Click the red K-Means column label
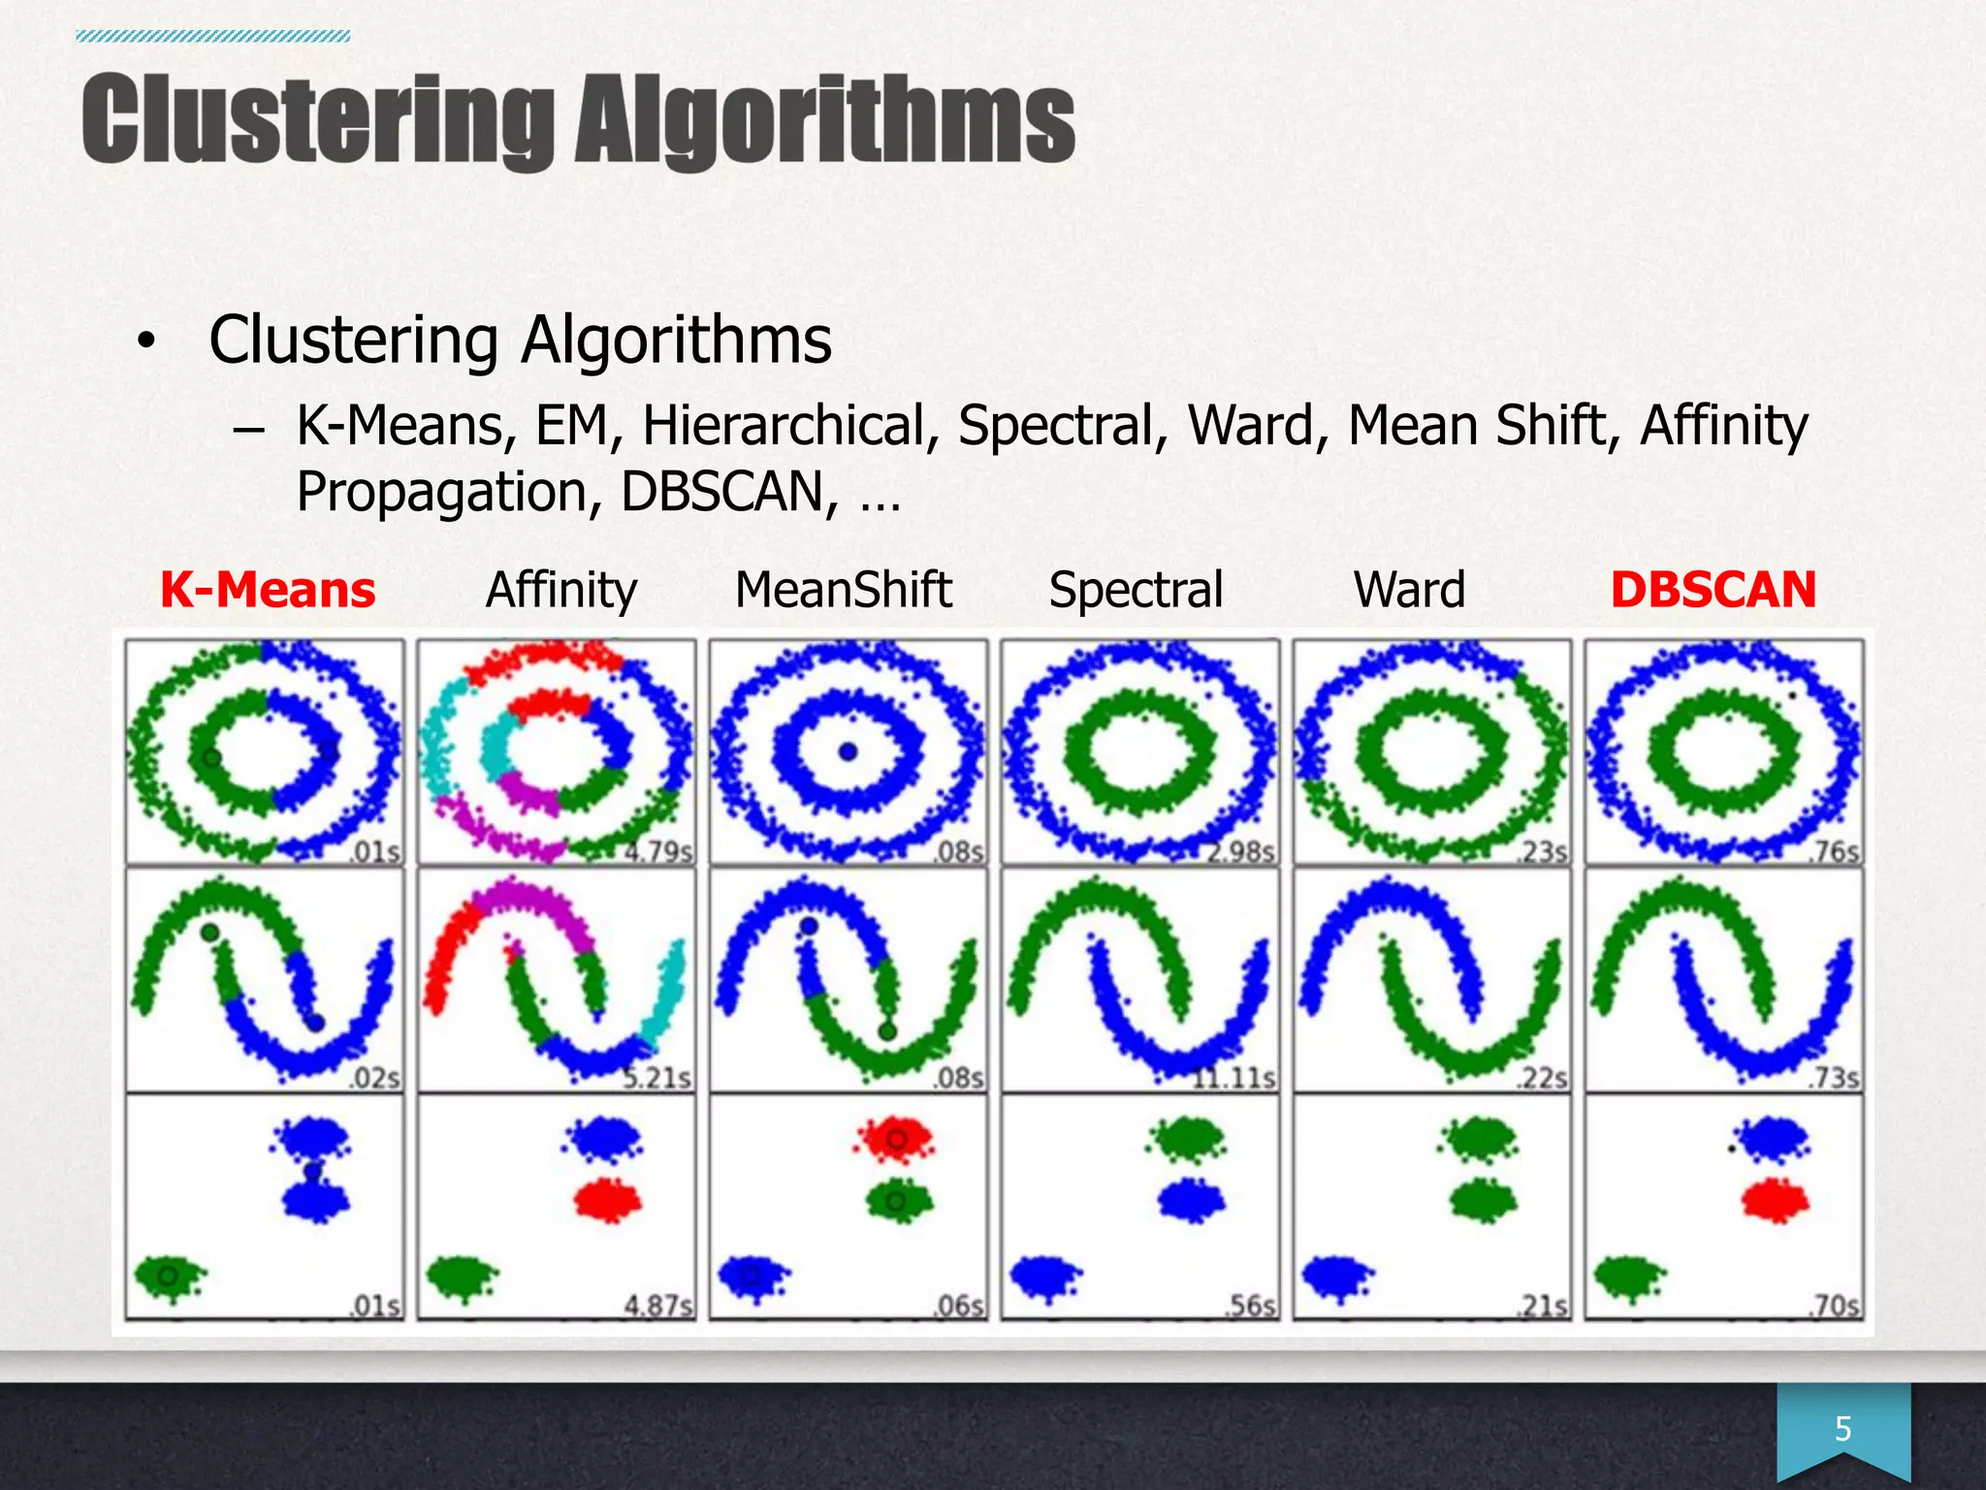click(268, 590)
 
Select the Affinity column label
click(561, 590)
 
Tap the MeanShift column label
click(844, 590)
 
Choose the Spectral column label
click(1136, 590)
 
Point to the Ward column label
click(1409, 590)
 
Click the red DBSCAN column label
click(1713, 590)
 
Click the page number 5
click(1842, 1429)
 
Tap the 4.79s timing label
click(658, 852)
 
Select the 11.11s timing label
click(1233, 1078)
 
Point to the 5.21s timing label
click(657, 1078)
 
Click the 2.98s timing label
click(1242, 852)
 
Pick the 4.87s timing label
click(658, 1306)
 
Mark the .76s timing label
click(1835, 852)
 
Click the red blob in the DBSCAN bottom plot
click(1775, 1201)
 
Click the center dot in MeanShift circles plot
click(849, 752)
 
